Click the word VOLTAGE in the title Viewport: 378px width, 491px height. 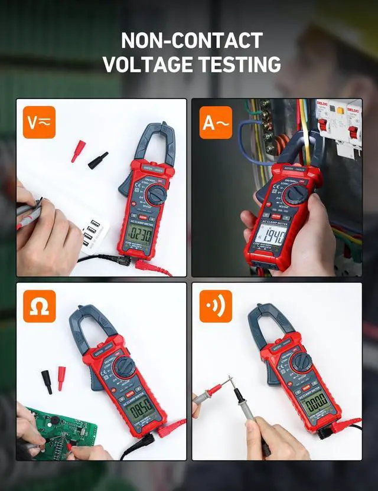point(144,64)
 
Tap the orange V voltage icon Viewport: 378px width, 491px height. point(39,122)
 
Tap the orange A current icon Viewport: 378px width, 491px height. point(216,122)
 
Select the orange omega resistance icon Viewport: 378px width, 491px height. point(39,306)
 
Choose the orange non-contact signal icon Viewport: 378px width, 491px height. point(216,306)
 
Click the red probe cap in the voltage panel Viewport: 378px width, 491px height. point(78,151)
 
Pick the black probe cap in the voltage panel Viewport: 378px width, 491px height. point(98,160)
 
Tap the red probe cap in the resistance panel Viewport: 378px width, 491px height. point(61,378)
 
